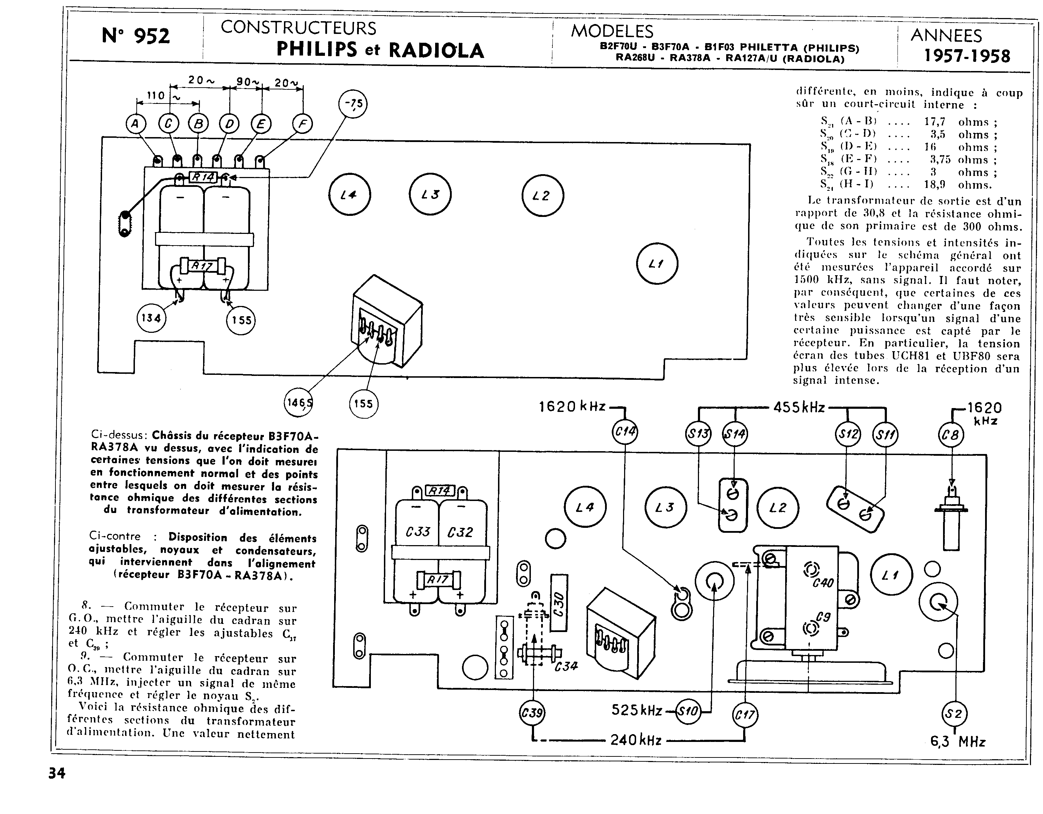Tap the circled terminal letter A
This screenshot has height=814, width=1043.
136,125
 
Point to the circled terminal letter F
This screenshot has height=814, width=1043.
302,125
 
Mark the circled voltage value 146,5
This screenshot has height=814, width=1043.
299,403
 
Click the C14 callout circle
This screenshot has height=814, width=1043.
625,433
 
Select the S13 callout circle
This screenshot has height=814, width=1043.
698,434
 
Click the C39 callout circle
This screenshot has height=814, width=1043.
532,714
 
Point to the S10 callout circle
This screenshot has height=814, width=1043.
688,711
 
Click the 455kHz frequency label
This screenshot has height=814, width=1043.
799,407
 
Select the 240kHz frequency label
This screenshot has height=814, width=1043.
636,741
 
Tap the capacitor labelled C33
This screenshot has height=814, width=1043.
417,532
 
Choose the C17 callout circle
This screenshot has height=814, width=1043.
745,715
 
